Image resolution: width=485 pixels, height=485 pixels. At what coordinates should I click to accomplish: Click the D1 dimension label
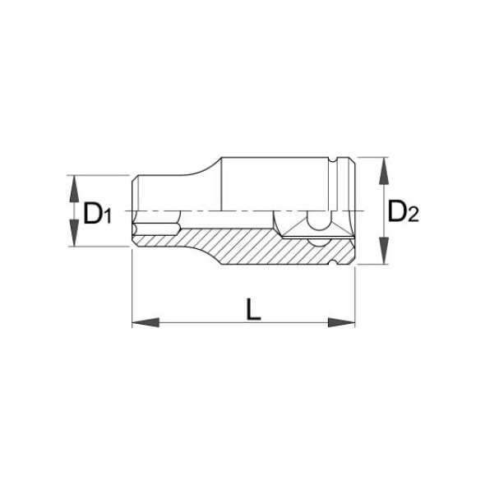[97, 213]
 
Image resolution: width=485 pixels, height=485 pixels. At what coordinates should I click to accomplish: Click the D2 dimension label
[403, 211]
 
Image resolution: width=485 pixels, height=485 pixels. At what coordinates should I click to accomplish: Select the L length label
[254, 309]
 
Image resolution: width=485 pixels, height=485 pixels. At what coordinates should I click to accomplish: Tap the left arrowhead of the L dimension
[145, 322]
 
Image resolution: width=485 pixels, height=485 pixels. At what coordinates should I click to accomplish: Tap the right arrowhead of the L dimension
[341, 322]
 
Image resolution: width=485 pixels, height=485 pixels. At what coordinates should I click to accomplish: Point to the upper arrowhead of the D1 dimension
[74, 189]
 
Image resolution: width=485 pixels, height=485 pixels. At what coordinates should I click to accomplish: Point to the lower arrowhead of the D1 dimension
[74, 233]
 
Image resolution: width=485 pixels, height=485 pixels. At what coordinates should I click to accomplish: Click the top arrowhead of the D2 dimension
[384, 171]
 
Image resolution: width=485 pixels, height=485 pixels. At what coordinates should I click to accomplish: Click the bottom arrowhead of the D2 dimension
[384, 251]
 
